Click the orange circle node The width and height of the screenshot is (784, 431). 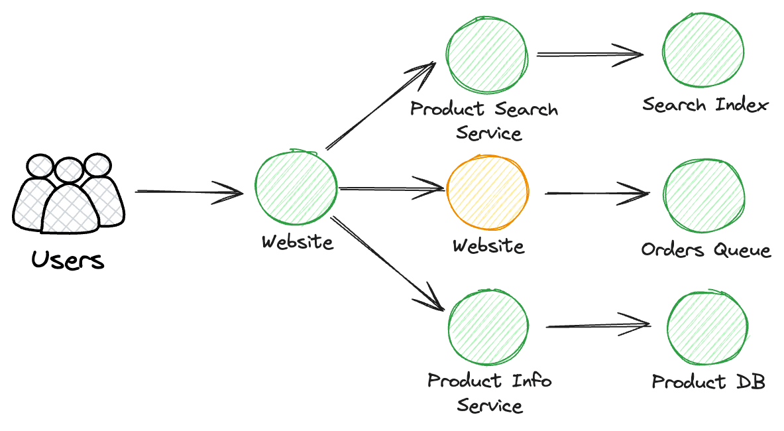488,192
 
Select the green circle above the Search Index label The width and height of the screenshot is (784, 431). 703,50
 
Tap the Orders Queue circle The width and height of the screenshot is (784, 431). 704,196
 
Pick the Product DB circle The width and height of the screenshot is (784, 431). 708,327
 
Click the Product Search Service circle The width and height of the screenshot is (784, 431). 487,54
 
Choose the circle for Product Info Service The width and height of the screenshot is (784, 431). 488,327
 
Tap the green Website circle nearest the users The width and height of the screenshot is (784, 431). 296,188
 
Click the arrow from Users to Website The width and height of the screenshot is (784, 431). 189,192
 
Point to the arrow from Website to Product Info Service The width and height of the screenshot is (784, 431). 388,263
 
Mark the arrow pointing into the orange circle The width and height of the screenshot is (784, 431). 392,188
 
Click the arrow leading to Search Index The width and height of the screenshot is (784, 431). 590,54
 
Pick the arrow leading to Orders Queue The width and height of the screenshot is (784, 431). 598,193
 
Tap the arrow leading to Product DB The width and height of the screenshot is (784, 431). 598,326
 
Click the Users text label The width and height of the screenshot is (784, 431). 68,260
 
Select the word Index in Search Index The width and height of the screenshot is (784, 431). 742,105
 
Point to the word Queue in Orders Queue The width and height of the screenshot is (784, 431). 742,249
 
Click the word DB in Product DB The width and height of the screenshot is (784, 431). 751,382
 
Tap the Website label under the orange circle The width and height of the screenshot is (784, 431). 488,245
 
